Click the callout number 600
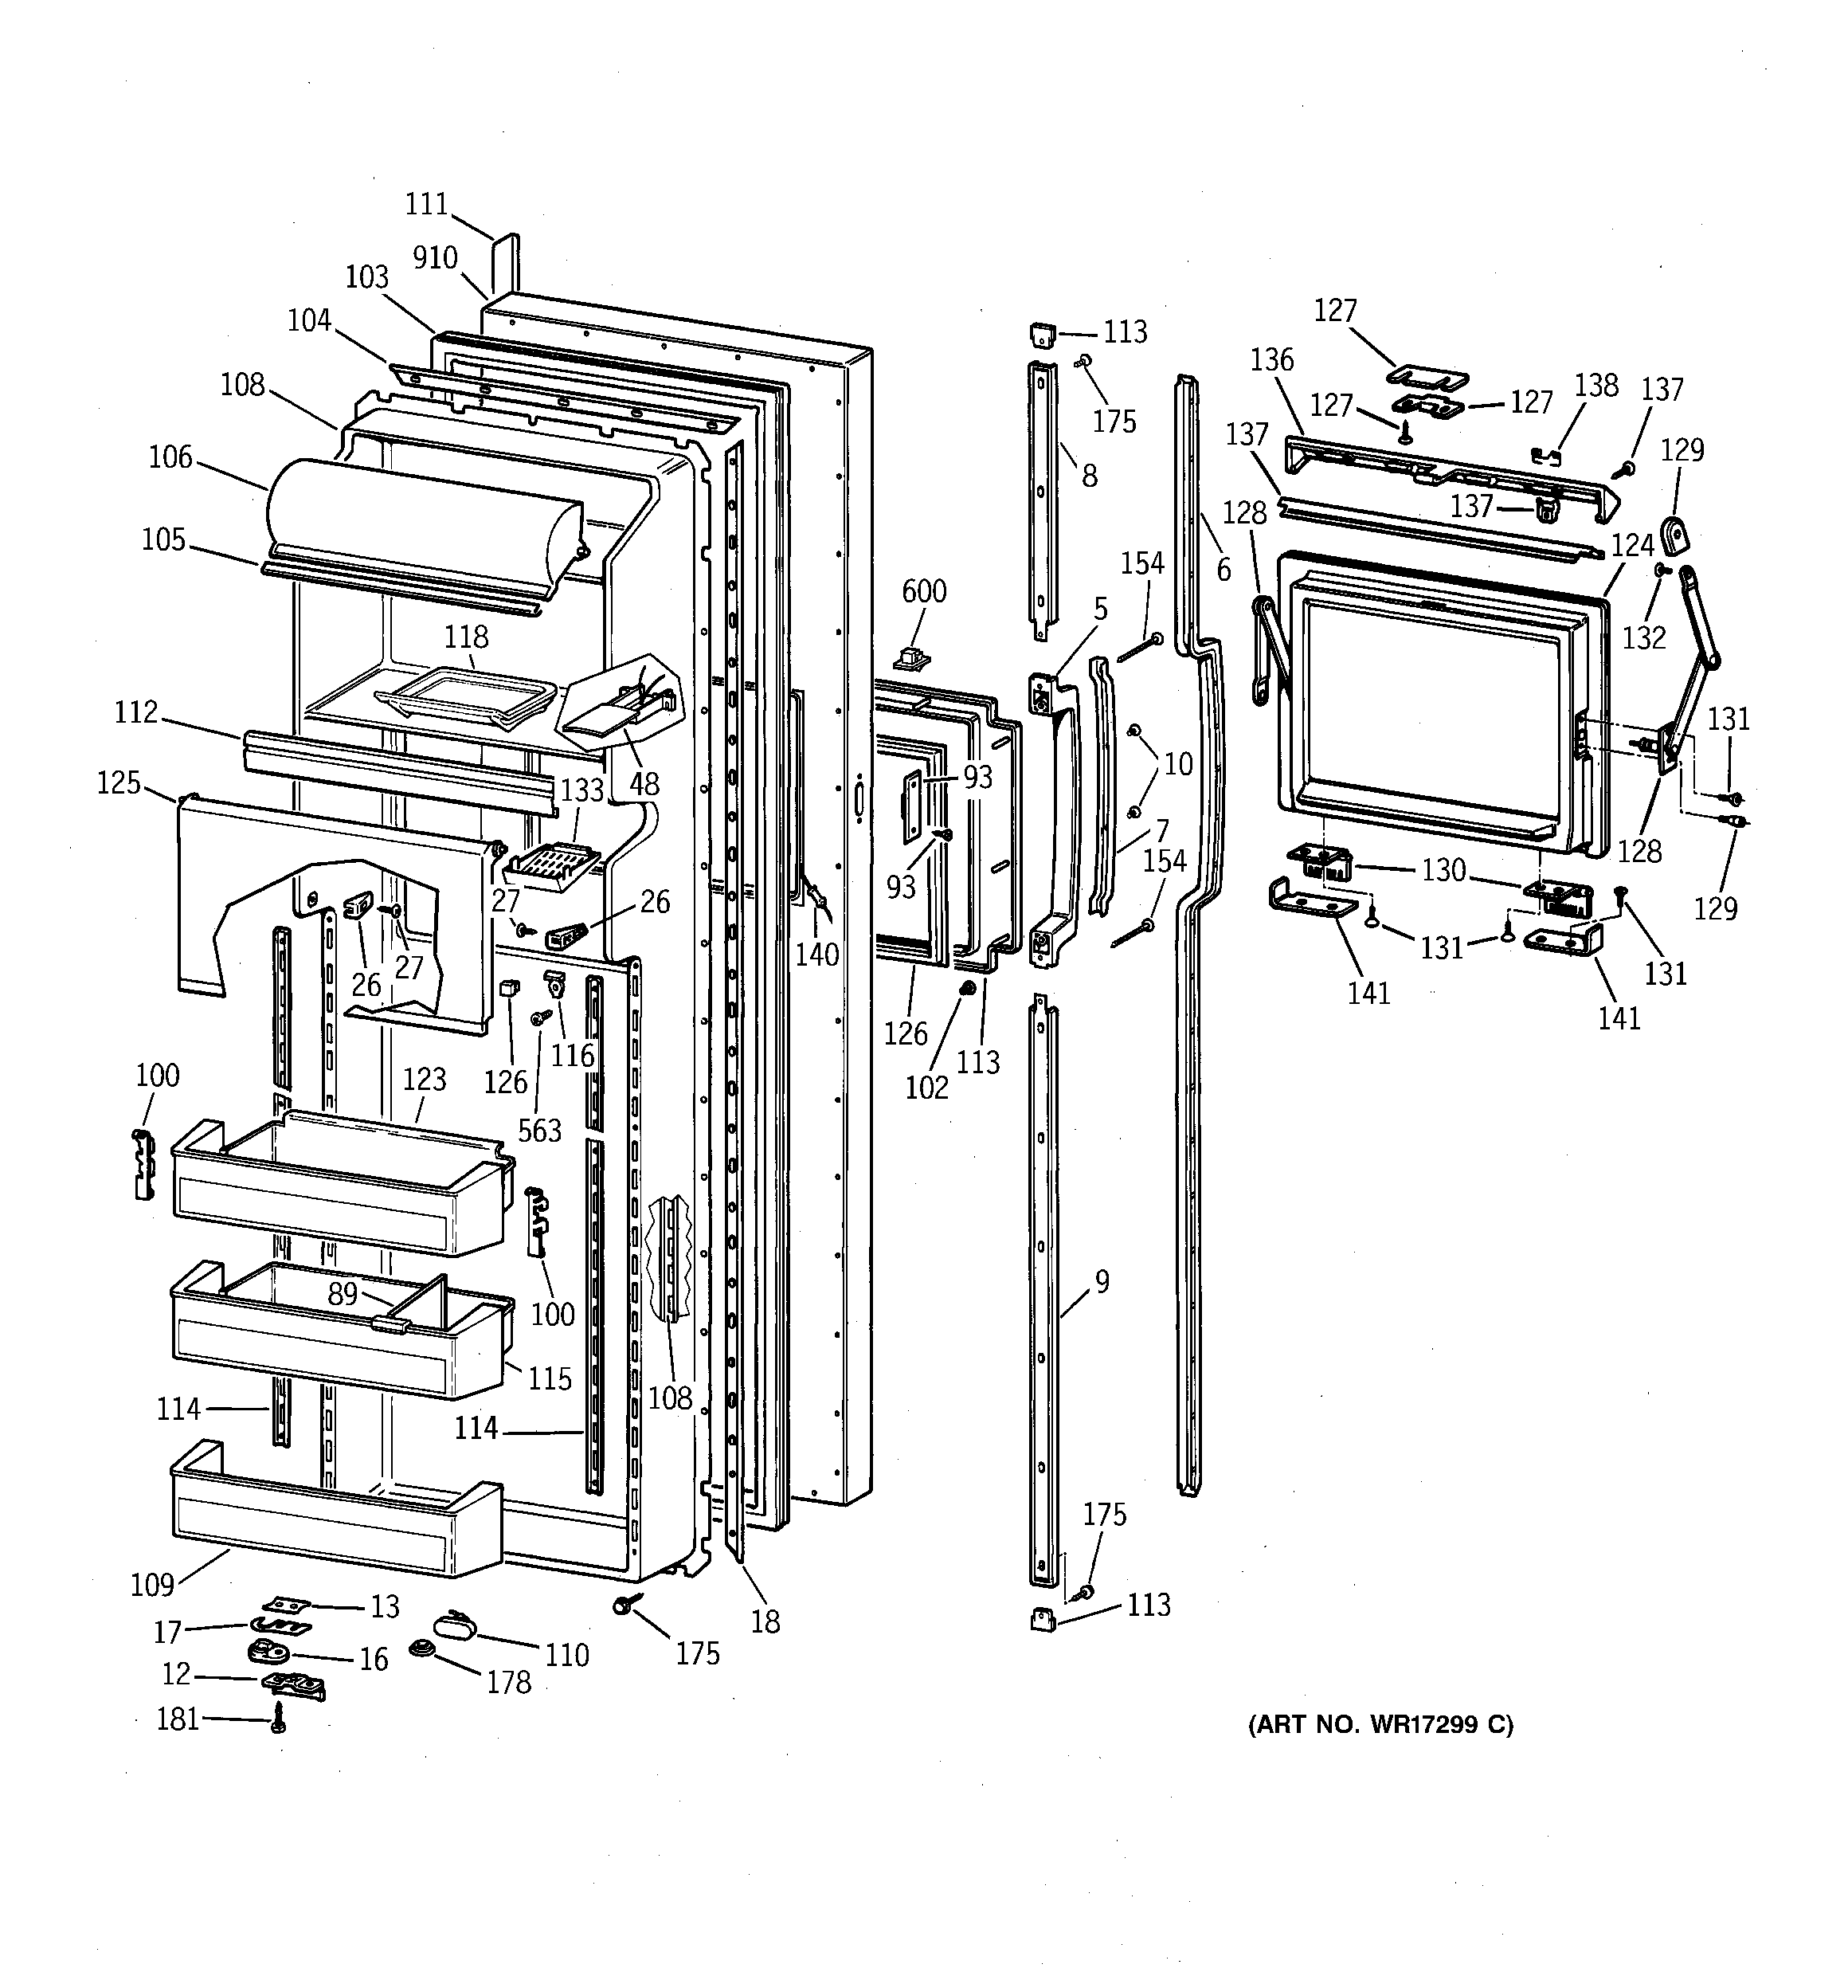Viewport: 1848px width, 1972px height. point(923,591)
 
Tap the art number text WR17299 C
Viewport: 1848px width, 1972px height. point(1380,1725)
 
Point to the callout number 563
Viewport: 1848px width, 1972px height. point(539,1131)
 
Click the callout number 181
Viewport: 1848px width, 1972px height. point(178,1719)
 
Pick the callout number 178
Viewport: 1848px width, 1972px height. point(509,1682)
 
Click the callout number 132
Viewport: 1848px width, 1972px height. point(1643,638)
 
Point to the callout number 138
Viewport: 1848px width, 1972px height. point(1596,385)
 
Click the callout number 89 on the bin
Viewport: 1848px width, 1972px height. point(343,1293)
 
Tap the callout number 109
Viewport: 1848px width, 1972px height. point(153,1585)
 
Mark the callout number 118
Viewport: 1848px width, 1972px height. point(466,636)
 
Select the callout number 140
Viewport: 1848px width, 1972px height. point(816,955)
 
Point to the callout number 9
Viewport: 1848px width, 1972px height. point(1102,1282)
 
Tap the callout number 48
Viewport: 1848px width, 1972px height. point(644,784)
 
